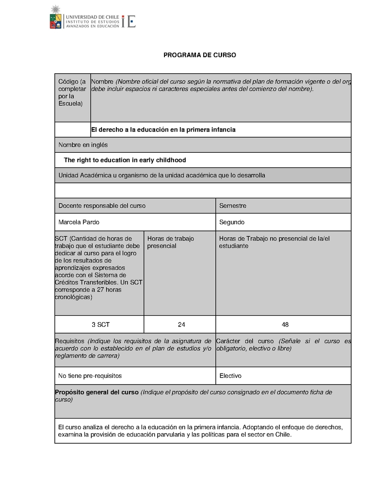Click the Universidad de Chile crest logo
point(56,17)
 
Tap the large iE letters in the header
point(129,21)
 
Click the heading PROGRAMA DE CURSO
point(199,55)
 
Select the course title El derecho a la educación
point(163,130)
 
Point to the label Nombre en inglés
point(83,145)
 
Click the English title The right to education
point(125,160)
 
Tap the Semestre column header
point(233,206)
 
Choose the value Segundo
point(232,222)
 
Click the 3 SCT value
point(100,324)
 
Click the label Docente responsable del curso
point(102,206)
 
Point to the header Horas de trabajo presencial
point(170,242)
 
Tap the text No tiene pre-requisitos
point(90,376)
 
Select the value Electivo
point(230,376)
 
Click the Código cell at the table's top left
point(72,93)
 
